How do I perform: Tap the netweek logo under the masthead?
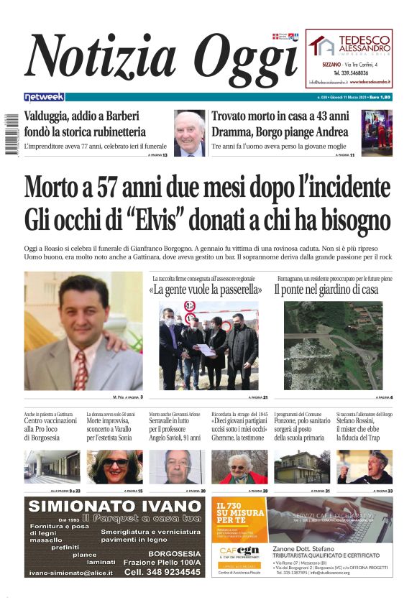coord(44,97)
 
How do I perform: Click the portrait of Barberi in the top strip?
coord(189,133)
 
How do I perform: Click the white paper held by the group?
coord(206,350)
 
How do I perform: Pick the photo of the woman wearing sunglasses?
coord(114,467)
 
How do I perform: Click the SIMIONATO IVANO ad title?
coord(114,507)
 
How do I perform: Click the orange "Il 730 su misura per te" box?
coord(239,519)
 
